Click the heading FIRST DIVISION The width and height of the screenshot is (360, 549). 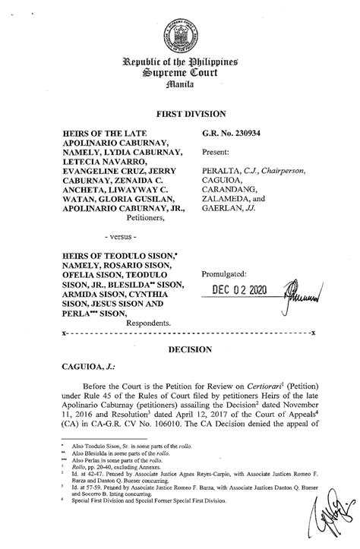(180, 113)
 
